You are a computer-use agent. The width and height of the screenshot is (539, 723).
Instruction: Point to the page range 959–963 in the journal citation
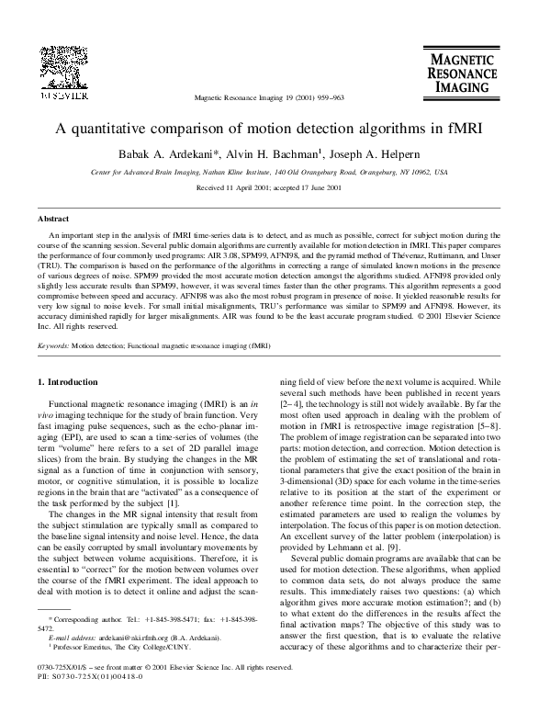pos(327,97)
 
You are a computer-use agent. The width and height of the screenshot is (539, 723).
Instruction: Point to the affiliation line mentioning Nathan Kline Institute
pos(269,172)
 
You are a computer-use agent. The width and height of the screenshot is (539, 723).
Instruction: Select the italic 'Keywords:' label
pos(52,374)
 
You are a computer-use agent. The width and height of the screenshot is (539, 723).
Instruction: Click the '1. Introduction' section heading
pos(70,405)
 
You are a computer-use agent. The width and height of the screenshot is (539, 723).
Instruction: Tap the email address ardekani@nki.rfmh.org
pos(125,661)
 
